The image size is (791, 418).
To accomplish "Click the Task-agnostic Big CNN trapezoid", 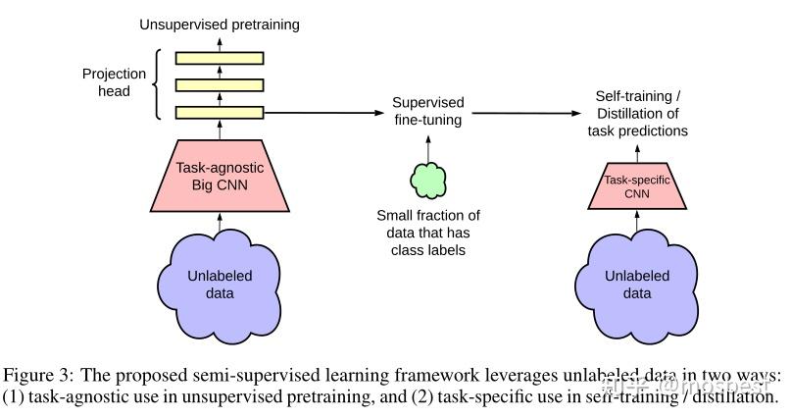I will coord(220,177).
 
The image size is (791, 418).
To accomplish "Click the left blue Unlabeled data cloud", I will coord(220,284).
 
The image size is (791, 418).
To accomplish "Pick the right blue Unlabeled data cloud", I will coord(638,284).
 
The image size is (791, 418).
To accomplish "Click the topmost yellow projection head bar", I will coord(220,58).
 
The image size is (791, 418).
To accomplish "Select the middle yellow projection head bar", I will coord(220,85).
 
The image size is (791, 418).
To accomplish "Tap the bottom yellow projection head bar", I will coord(220,112).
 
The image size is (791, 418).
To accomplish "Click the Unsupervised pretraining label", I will coord(220,24).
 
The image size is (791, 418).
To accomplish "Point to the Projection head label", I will coord(115,83).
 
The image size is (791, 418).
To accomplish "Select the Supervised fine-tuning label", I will coord(427,111).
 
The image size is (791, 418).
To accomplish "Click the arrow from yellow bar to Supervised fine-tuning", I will coord(323,113).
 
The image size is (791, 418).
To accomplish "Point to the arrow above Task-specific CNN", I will coord(638,153).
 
